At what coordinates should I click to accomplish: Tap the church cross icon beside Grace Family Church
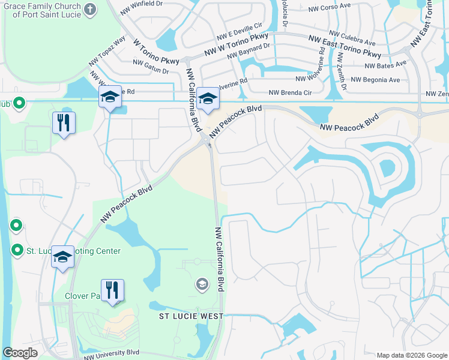coord(90,8)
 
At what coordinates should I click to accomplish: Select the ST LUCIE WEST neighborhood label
coord(191,316)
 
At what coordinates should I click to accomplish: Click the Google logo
coord(20,353)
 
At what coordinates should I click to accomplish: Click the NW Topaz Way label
coord(107,50)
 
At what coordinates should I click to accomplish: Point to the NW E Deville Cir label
coord(240,31)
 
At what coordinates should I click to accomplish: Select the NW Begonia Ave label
coord(375,79)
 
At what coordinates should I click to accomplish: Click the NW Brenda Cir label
coord(291,92)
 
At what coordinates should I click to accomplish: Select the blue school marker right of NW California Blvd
coord(208,99)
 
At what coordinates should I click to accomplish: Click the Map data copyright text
coord(411,355)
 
